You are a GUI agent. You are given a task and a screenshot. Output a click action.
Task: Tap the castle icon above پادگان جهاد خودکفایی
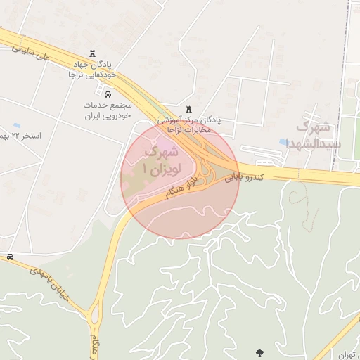(93, 55)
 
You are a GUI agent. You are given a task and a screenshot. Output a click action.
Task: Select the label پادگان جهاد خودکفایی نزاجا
(93, 69)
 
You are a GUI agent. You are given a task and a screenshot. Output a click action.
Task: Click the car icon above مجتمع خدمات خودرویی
(108, 94)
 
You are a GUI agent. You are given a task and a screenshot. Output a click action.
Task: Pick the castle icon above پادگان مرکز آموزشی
(188, 110)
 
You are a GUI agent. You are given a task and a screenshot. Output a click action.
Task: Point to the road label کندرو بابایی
(244, 178)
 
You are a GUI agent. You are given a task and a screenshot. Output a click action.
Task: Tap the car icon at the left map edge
(9, 257)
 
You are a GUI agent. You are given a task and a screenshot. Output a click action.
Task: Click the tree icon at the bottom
(259, 352)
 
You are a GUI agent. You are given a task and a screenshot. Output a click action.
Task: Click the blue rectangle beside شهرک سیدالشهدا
(283, 141)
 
